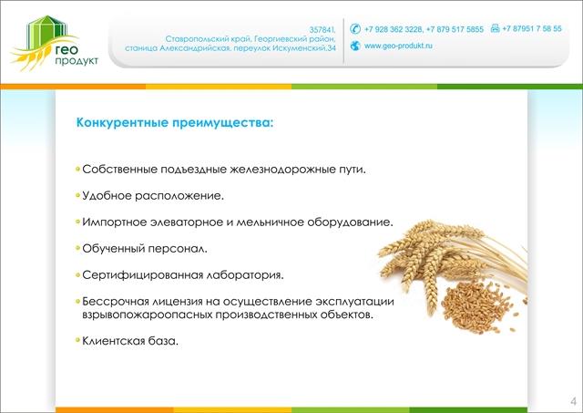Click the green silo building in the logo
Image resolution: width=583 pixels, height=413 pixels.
46,32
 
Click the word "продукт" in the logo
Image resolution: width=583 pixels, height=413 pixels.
77,60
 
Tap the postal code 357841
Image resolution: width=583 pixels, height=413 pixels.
322,29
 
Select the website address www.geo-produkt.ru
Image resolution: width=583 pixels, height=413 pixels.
398,46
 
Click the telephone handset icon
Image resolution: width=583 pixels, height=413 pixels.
355,28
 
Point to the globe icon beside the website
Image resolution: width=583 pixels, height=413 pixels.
355,46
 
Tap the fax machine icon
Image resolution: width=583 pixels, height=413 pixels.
495,28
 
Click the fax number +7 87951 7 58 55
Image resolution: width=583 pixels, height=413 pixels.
532,28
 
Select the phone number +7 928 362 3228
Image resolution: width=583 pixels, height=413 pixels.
394,29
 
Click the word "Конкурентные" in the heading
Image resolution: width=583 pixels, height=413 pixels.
122,122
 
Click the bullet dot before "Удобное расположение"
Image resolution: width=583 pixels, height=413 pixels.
77,195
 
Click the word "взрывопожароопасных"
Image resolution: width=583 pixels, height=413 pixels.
148,315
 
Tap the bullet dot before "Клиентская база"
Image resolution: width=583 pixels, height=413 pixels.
77,340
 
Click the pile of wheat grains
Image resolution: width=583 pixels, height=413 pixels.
476,307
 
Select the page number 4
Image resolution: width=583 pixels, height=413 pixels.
573,401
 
